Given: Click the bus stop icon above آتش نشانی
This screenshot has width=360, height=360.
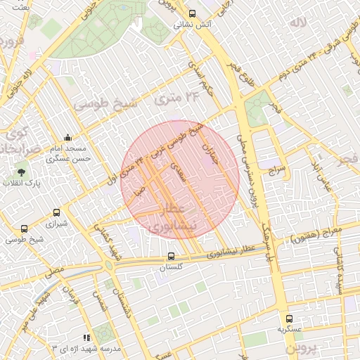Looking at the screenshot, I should [x=193, y=13].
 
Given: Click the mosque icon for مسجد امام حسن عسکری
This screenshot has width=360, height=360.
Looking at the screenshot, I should [x=67, y=137].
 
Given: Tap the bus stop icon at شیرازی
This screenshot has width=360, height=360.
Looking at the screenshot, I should [x=56, y=212].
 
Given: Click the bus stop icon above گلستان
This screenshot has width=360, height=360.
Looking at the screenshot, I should [x=172, y=257].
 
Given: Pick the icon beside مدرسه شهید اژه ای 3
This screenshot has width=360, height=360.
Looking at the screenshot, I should [x=86, y=337].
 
